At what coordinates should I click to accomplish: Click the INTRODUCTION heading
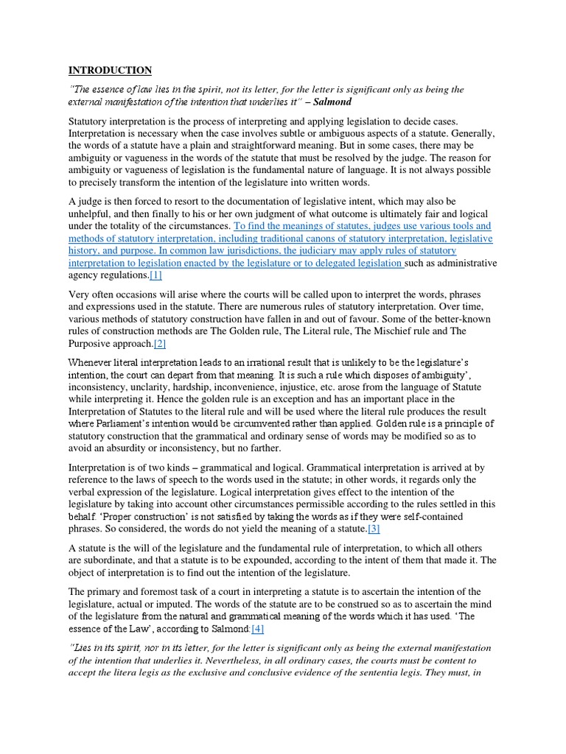110,71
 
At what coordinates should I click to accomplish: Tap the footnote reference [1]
156,275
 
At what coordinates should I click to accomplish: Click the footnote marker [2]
161,344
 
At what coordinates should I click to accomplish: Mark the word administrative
462,263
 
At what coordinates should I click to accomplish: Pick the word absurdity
138,448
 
